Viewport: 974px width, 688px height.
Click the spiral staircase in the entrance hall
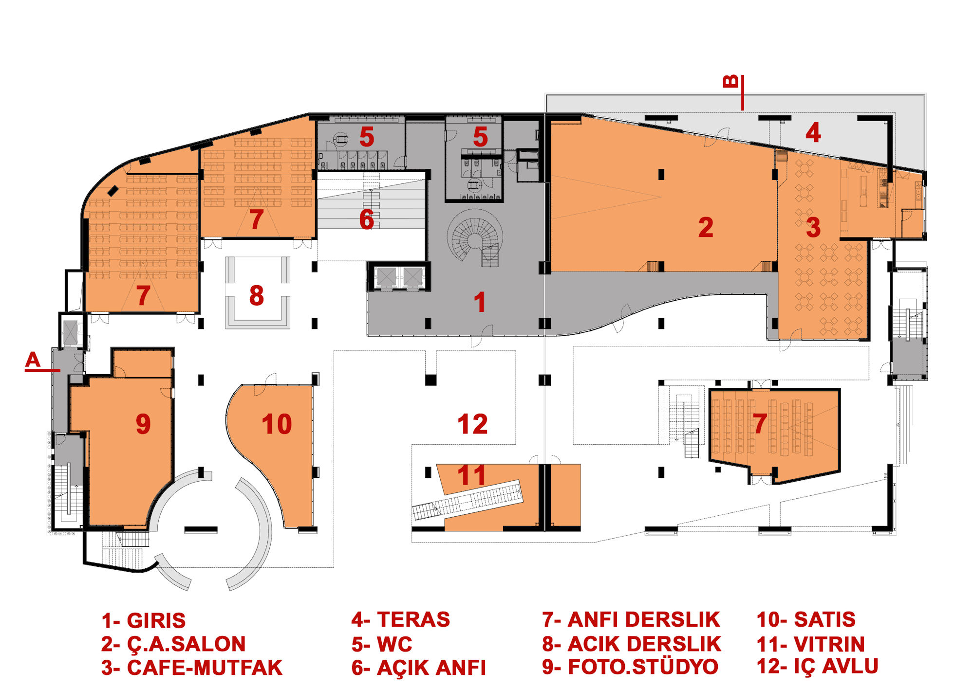475,238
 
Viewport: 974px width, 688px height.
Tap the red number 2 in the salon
706,227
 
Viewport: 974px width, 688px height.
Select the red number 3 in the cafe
813,227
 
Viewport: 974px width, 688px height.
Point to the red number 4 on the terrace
813,132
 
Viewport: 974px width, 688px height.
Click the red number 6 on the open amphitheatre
367,219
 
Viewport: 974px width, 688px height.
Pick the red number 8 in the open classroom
257,295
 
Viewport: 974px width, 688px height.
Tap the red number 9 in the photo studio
143,424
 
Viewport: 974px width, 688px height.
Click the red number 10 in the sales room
277,424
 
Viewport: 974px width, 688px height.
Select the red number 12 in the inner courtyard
472,424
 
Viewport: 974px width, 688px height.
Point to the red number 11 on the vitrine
471,475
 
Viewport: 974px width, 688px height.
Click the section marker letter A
33,360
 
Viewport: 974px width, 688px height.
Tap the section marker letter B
731,81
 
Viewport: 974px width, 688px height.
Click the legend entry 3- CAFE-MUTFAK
192,668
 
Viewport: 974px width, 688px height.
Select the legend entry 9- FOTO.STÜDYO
630,667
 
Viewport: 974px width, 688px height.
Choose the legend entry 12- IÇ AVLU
817,666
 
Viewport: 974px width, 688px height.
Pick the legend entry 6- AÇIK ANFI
419,668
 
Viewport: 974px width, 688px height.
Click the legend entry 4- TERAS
401,619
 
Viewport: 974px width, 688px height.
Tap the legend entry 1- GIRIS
144,620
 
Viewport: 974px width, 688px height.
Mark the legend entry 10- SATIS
806,619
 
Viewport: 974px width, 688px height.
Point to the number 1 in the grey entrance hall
480,302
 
